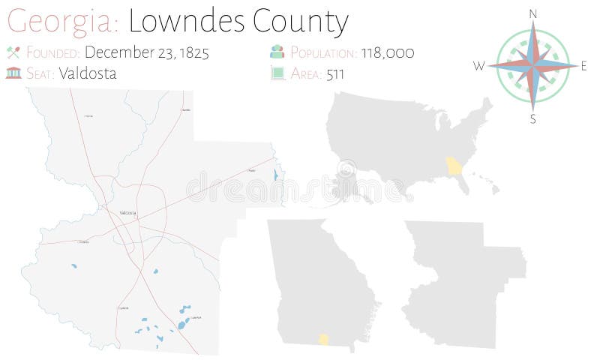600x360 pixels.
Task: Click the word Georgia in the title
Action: (x=61, y=22)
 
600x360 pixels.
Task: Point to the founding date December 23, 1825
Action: (x=146, y=52)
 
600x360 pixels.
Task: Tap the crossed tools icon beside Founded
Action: (x=12, y=52)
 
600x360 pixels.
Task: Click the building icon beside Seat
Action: (x=12, y=73)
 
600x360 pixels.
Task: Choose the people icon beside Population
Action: (x=277, y=52)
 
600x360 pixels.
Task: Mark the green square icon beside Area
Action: (x=277, y=73)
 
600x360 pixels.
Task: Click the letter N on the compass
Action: (x=533, y=13)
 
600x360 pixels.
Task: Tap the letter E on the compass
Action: (x=583, y=66)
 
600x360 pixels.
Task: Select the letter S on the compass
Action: (x=533, y=118)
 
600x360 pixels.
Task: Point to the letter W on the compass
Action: (x=479, y=66)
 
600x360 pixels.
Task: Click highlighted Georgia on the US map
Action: (x=453, y=166)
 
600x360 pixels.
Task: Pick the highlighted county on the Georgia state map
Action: (x=324, y=339)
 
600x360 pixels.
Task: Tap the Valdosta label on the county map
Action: (x=127, y=213)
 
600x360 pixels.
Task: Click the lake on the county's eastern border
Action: (x=275, y=175)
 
